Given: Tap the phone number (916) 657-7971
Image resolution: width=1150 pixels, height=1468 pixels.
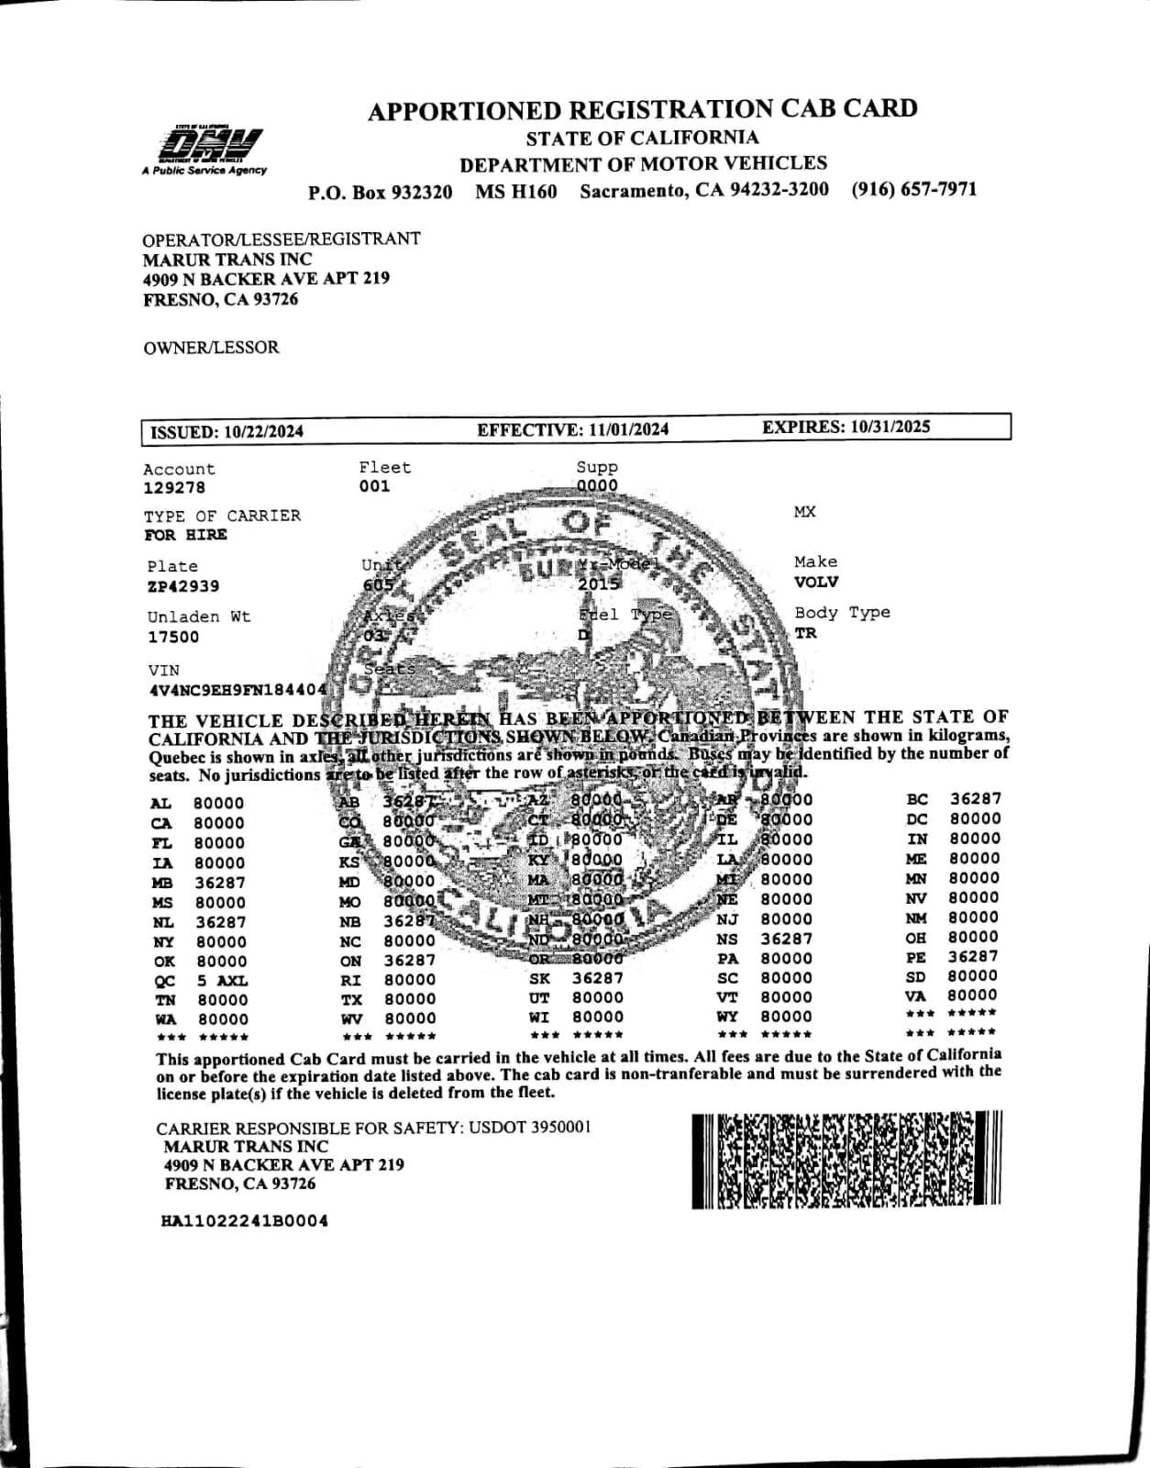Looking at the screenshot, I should pos(913,190).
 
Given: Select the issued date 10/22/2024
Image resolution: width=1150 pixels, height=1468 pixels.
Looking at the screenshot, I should pos(263,432).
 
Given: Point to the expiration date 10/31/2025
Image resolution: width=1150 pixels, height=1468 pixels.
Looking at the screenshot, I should pos(890,427).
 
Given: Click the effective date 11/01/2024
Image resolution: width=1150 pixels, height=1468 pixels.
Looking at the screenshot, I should pos(628,429).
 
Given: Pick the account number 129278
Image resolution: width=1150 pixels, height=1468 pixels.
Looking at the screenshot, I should pos(174,488).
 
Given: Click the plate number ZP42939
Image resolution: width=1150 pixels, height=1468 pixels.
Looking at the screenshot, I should pos(183,586).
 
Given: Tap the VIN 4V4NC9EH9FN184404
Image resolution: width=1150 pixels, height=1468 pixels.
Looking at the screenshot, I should pos(238,690).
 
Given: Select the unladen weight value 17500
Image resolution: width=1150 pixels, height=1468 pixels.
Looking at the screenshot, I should pos(173,637).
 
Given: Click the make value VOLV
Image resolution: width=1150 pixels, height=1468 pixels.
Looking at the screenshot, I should pos(816,582).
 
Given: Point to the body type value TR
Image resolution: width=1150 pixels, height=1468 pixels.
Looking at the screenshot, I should pos(806,633).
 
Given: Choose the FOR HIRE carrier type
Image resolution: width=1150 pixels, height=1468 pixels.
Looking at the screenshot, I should pos(185,535).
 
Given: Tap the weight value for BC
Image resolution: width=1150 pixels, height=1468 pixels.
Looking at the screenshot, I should pos(976,799).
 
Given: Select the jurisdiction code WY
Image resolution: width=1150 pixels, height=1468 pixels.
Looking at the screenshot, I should pos(727,1017).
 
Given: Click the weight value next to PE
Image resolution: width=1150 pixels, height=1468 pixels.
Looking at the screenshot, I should pos(973,956).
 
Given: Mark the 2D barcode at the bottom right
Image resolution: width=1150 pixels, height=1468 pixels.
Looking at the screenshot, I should pos(846,1160).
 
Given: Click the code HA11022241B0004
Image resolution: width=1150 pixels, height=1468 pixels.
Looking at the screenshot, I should pos(244,1221).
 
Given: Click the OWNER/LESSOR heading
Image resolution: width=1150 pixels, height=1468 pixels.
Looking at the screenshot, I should pos(211,348).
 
